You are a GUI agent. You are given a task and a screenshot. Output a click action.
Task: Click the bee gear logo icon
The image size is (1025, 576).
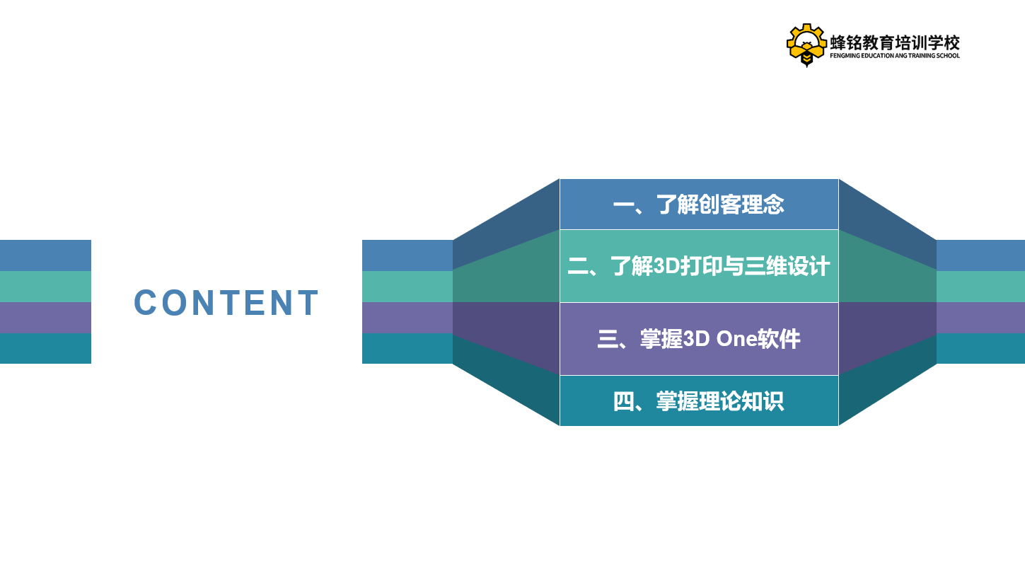point(806,45)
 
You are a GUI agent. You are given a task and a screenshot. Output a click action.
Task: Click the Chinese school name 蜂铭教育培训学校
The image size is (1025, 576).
point(895,42)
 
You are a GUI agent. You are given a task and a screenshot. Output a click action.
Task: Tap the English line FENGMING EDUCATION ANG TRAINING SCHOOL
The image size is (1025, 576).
point(895,56)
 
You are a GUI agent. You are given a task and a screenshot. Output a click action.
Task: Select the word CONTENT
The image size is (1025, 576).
point(226,303)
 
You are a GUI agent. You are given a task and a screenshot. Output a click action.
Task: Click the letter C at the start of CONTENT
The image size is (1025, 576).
point(145,303)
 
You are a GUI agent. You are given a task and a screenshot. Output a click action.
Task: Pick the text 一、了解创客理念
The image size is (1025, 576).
point(699,205)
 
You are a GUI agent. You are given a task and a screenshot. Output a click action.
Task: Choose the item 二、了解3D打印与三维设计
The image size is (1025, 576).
point(699,266)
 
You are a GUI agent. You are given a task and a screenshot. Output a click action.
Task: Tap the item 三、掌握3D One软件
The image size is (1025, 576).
point(699,339)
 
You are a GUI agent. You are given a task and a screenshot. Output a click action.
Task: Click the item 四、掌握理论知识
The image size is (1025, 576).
point(699,401)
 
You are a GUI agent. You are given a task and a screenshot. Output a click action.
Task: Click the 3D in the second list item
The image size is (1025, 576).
point(666,266)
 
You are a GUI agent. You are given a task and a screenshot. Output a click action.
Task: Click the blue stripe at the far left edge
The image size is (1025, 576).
point(45,255)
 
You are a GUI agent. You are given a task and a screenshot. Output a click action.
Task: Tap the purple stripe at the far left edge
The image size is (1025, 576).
point(45,318)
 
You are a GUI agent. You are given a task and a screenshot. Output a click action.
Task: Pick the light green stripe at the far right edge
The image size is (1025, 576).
point(980,287)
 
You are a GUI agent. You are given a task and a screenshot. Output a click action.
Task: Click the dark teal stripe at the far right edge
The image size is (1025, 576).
point(980,348)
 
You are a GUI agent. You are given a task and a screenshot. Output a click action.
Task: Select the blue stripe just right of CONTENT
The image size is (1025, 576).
point(407,255)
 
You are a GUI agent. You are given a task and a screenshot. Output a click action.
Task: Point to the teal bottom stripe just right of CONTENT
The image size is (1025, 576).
point(407,348)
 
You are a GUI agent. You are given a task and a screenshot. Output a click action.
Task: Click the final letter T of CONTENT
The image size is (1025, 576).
point(308,303)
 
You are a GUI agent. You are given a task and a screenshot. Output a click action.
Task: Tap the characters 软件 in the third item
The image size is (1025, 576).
point(780,339)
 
